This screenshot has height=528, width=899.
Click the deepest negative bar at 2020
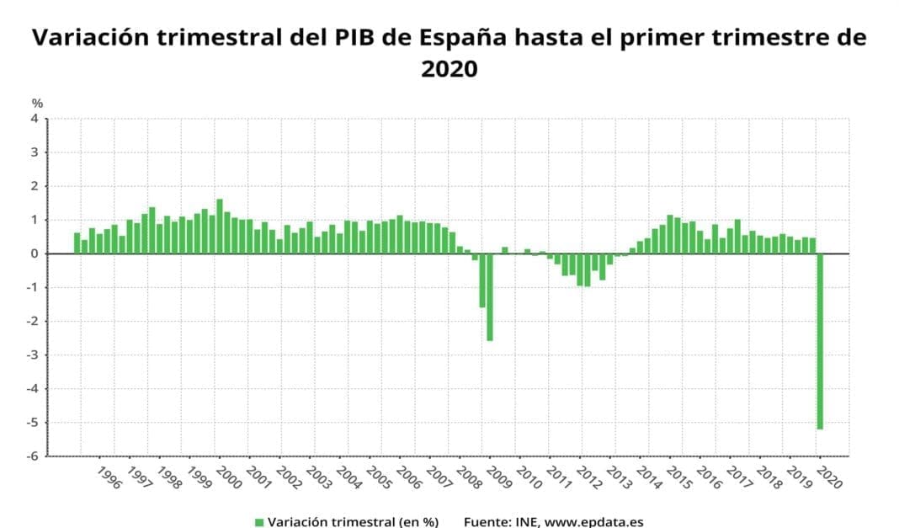tap(820, 341)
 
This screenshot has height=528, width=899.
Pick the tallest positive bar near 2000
tap(220, 226)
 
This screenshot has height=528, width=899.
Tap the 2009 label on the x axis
tap(497, 477)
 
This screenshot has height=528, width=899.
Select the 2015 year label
tap(678, 477)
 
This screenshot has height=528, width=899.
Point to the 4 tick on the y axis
tap(35, 119)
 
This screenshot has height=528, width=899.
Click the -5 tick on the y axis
tap(33, 423)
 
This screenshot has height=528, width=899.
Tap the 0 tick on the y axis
tap(35, 253)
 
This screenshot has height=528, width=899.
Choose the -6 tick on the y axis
tap(33, 456)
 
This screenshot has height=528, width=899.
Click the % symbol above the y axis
tap(37, 103)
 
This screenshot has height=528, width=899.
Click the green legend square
tap(259, 522)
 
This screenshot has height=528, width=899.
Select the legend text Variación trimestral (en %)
tap(353, 522)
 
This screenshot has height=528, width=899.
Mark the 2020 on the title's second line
tap(449, 70)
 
